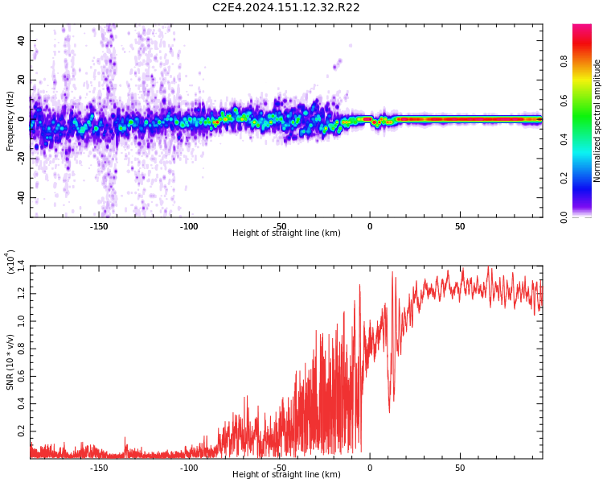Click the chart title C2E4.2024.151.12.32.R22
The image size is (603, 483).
point(285,8)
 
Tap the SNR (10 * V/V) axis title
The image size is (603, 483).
point(10,362)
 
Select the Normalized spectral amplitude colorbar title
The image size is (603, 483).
point(597,121)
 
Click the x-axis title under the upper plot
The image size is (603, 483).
point(286,233)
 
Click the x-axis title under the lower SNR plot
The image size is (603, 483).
point(286,475)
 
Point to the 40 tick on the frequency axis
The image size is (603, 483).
point(21,40)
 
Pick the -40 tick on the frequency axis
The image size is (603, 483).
point(21,197)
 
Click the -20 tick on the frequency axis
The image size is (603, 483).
point(21,159)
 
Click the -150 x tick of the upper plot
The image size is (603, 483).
point(99,226)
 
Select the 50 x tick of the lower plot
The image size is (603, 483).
point(460,468)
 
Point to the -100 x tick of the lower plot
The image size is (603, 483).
point(189,468)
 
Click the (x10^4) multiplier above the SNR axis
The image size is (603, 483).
point(10,262)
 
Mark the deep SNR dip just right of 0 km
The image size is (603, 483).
point(390,411)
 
